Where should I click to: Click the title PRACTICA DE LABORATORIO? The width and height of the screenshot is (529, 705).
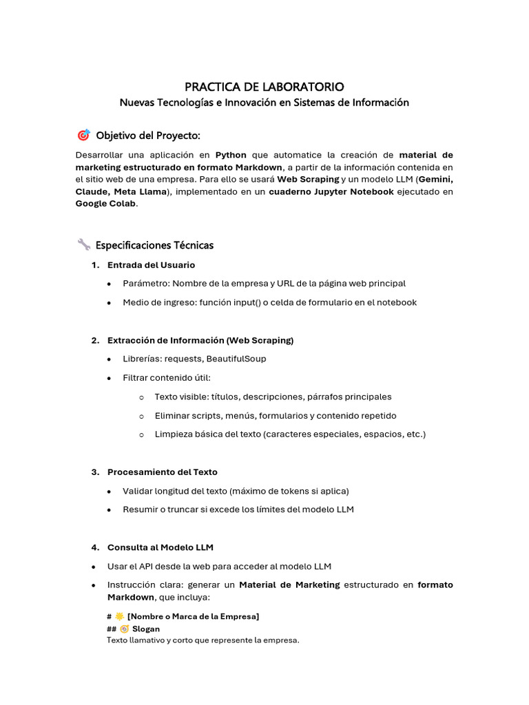pyautogui.click(x=264, y=87)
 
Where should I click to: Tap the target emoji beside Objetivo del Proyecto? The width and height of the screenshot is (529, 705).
pyautogui.click(x=83, y=135)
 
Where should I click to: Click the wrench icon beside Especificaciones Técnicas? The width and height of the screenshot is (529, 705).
pyautogui.click(x=83, y=244)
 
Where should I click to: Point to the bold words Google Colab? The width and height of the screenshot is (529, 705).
pyautogui.click(x=106, y=204)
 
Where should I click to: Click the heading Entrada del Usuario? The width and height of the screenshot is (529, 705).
pyautogui.click(x=151, y=265)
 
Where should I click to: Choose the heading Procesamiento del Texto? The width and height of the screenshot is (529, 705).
pyautogui.click(x=162, y=472)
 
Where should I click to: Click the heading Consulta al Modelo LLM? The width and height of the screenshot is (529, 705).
pyautogui.click(x=160, y=547)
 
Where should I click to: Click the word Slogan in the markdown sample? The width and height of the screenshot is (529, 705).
pyautogui.click(x=145, y=629)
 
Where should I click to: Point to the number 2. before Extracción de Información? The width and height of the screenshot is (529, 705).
pyautogui.click(x=95, y=340)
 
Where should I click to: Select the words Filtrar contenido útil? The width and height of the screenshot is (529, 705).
pyautogui.click(x=166, y=378)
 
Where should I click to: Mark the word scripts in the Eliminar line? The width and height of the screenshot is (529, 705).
pyautogui.click(x=208, y=416)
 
